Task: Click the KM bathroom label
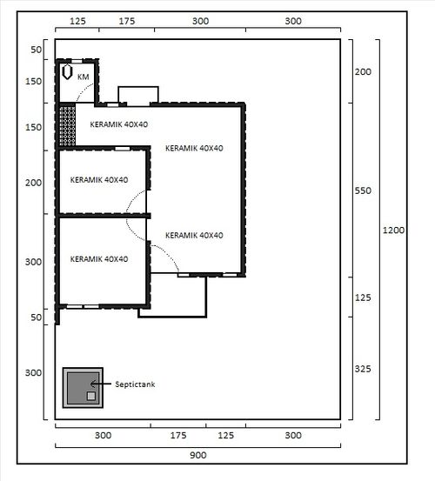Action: point(84,77)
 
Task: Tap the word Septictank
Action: point(135,384)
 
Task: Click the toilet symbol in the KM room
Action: point(67,72)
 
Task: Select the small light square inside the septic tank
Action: point(91,396)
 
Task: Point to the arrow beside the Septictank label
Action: point(101,384)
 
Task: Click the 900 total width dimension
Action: point(197,455)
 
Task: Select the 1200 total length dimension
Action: point(393,230)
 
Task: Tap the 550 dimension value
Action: point(363,190)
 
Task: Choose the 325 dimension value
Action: point(363,369)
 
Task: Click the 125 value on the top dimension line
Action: point(77,21)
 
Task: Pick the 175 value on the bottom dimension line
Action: point(178,435)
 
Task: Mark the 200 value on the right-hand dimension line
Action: point(363,72)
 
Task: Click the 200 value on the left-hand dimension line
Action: point(33,183)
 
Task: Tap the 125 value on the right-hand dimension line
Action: point(363,297)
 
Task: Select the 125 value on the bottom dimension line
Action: point(226,435)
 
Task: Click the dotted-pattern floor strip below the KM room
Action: point(67,126)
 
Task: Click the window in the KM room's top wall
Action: point(77,62)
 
